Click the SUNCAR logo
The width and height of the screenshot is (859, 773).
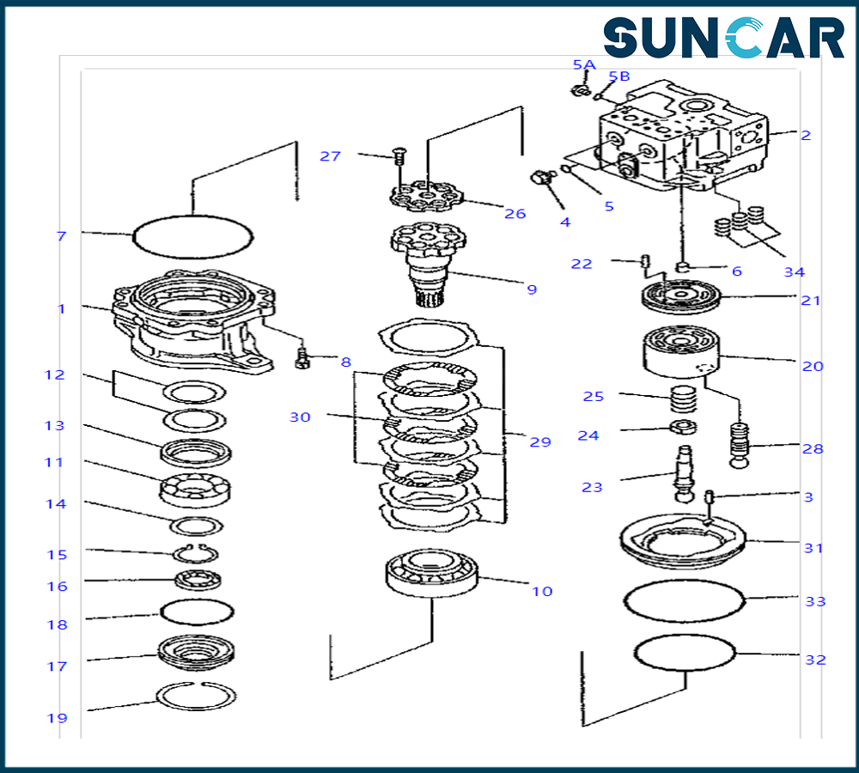tap(723, 39)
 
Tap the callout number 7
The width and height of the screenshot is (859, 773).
tap(61, 235)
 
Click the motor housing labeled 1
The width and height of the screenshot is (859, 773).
tap(196, 320)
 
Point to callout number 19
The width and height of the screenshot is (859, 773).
tap(57, 718)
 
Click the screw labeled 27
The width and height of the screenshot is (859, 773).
tap(399, 156)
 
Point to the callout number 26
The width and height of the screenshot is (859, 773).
tap(515, 213)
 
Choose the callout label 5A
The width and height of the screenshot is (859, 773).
tap(583, 64)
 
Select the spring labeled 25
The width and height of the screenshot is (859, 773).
tap(683, 400)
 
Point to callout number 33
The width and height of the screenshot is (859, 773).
tap(815, 601)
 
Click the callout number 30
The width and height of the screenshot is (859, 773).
tap(300, 417)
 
